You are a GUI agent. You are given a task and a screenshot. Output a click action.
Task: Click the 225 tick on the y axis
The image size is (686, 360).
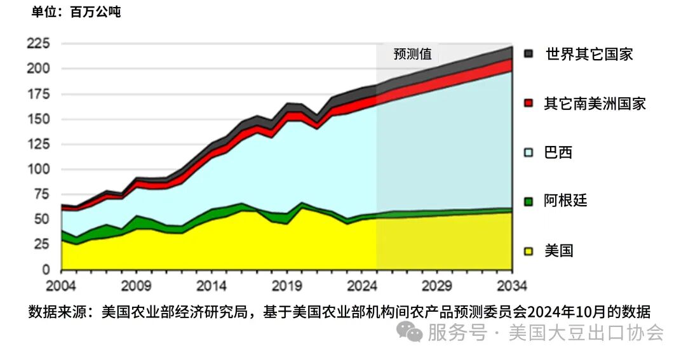pos(38,43)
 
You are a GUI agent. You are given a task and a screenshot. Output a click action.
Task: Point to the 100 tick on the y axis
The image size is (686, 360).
pos(38,170)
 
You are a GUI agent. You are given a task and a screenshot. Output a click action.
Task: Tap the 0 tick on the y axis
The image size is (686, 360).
pos(46,270)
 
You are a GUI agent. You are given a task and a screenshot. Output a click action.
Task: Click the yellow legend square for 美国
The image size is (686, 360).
pos(528,251)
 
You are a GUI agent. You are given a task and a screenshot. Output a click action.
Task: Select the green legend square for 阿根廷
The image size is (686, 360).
pos(528,202)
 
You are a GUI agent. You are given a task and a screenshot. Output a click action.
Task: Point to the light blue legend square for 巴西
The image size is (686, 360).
pos(528,153)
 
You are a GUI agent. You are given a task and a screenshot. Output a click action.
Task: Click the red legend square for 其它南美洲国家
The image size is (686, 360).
pos(528,103)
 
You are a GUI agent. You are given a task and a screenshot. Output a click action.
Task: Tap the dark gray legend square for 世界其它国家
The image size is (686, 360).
pos(528,54)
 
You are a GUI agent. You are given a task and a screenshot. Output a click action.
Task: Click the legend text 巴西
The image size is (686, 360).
pos(558,152)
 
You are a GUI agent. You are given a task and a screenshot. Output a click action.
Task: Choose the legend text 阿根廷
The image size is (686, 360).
pos(565,201)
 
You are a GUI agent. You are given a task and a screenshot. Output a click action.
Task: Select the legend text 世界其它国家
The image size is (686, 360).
pos(589,54)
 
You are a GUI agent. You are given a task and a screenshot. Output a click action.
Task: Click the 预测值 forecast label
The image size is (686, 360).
pos(412,54)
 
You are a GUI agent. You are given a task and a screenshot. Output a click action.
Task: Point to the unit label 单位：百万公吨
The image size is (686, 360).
pos(76,11)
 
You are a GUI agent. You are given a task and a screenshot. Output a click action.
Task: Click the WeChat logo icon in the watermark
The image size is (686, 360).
pos(410,331)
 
